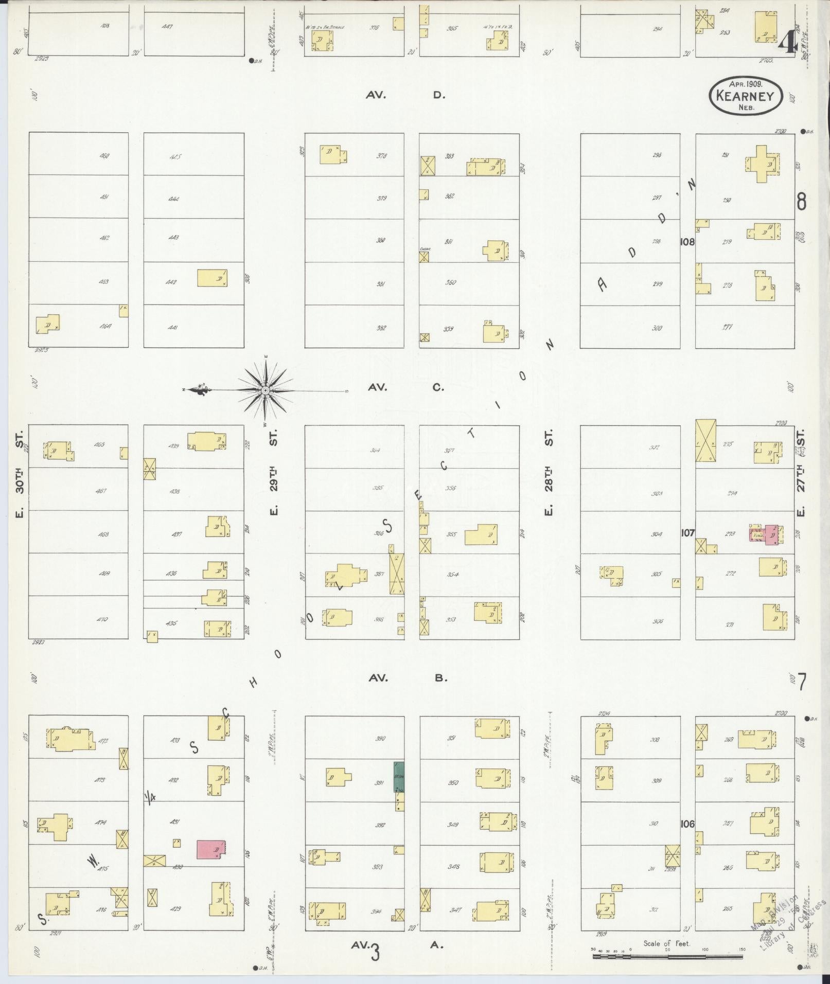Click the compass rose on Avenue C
coord(265,391)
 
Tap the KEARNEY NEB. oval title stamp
coord(746,96)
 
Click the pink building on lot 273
coord(770,535)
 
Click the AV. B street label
coord(406,678)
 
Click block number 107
coord(687,533)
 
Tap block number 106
coord(687,824)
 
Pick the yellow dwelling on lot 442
coord(212,278)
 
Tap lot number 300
coord(657,328)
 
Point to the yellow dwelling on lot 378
coord(332,154)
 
